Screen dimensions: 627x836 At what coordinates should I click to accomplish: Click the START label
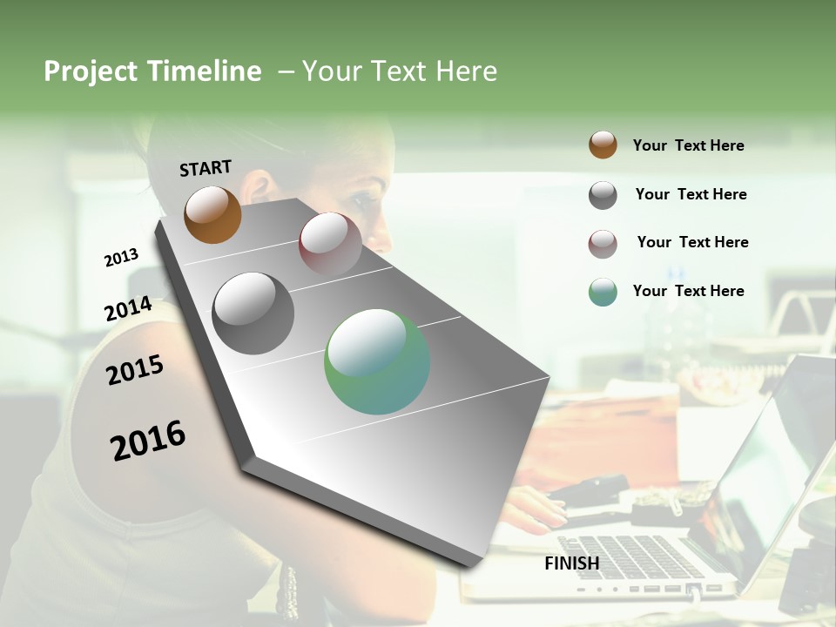pos(206,168)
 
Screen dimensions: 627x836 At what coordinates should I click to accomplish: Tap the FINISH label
pos(571,563)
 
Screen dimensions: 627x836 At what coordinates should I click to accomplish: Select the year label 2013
pos(121,258)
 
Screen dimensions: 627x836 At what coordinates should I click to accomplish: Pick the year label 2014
pos(128,309)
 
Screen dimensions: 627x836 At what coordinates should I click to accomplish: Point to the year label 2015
pos(134,370)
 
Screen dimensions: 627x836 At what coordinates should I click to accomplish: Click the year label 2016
pos(148,441)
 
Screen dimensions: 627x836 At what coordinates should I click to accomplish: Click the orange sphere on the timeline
pos(212,214)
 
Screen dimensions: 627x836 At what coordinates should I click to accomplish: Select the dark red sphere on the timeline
pos(330,243)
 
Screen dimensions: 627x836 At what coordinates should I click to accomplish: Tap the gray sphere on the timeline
pos(253,313)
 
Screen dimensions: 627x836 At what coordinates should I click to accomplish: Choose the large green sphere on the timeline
pos(376,361)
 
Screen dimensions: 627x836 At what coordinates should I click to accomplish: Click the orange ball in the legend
pos(603,145)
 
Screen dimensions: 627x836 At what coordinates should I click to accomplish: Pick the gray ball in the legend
pos(603,195)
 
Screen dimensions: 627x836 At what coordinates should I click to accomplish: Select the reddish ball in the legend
pos(603,244)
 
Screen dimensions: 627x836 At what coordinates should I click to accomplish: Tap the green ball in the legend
pos(603,292)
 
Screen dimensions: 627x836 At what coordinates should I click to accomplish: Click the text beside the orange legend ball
pos(688,145)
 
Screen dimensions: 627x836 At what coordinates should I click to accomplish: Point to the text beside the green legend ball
pos(688,291)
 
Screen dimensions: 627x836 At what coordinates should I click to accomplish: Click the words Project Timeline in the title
pos(152,71)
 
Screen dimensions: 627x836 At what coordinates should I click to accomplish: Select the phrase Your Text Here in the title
pos(399,71)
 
